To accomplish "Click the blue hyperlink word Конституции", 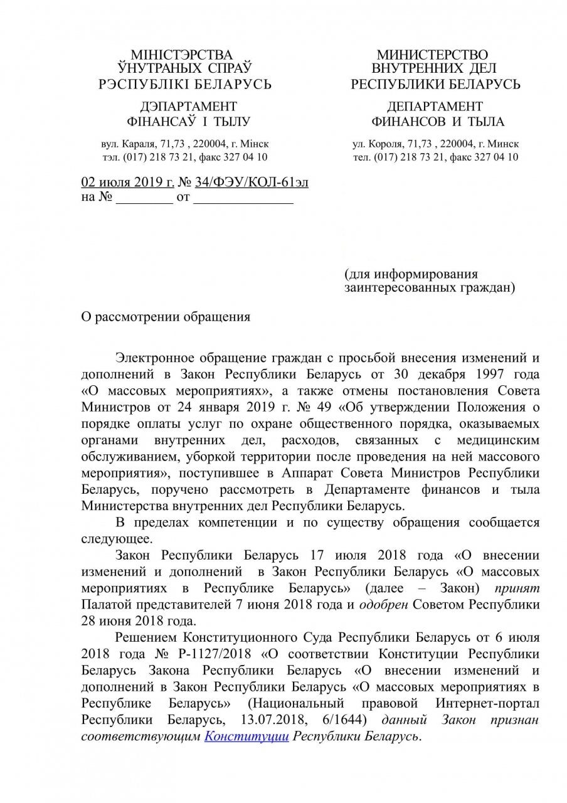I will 246,737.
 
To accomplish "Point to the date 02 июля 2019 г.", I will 128,183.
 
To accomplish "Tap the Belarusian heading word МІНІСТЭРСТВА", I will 181,55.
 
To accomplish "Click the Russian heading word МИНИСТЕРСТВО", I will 432,55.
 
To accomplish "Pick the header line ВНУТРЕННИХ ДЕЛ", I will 434,69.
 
